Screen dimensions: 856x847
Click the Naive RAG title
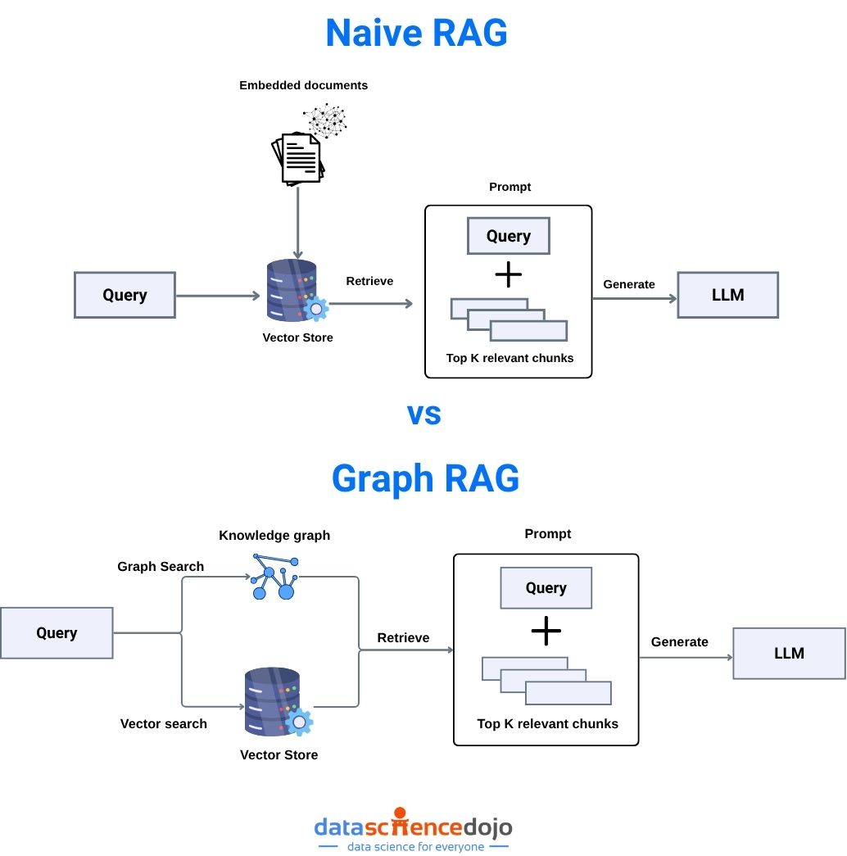416,34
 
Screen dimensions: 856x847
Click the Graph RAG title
425,478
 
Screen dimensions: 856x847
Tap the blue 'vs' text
424,414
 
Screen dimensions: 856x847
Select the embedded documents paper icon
297,157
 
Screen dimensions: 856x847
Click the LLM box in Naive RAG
727,295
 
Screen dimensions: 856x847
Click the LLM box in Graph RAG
789,653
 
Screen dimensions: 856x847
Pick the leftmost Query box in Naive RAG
125,295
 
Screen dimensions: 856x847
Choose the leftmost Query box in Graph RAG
57,632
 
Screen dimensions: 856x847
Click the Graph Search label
161,566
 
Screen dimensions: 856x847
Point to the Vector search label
164,723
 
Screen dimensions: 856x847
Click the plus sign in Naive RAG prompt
509,274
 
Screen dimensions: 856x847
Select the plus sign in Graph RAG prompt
546,631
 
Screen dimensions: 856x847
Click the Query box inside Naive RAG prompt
508,236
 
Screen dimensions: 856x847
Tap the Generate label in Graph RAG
679,641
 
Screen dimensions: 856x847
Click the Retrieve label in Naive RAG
369,281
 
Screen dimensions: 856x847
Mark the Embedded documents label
303,85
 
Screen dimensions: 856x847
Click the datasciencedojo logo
413,829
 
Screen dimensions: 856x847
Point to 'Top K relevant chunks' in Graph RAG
547,723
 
